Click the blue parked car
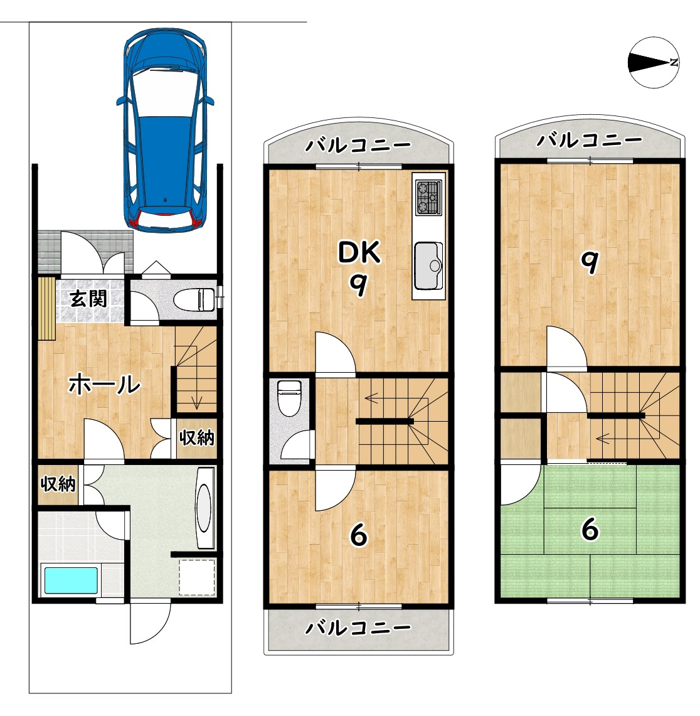165,130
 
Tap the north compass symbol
654,62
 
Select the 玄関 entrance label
88,299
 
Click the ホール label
105,384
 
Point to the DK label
359,252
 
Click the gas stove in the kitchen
428,197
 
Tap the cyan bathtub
71,580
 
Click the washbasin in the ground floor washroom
205,507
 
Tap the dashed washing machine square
197,577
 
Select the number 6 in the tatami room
590,530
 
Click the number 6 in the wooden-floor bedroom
359,535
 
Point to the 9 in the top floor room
589,262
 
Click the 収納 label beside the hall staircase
197,437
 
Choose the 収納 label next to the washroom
58,484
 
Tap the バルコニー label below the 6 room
358,629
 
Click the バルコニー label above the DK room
358,146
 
